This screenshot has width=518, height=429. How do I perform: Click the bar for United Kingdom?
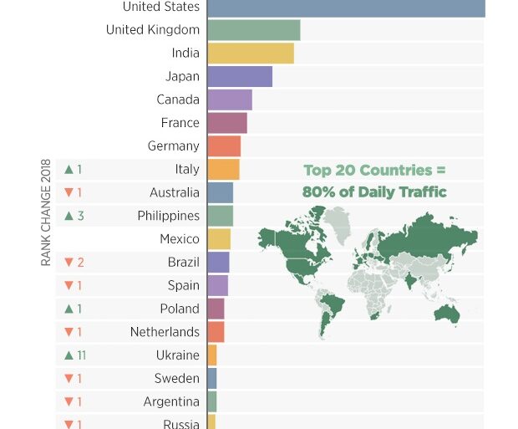point(253,30)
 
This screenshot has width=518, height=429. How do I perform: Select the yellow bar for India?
point(251,54)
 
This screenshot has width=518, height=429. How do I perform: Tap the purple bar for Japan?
point(240,77)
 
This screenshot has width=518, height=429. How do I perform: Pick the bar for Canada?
point(230,100)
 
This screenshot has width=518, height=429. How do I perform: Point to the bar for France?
point(227,123)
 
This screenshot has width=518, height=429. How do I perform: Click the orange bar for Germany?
point(224,146)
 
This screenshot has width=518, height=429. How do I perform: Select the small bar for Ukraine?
point(212,355)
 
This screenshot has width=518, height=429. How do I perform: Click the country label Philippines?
point(168,216)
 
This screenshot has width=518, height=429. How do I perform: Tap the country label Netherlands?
point(165,332)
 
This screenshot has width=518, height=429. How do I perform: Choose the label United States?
point(160,8)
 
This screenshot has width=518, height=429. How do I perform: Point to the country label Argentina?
point(171,402)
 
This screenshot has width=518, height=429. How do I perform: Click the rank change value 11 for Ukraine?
point(81,355)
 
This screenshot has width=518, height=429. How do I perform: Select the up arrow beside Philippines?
point(69,216)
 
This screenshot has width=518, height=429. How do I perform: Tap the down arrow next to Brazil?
point(69,263)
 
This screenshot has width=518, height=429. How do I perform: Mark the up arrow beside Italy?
point(69,170)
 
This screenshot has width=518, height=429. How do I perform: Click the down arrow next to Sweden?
point(69,379)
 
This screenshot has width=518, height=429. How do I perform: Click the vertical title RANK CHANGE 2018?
point(46,212)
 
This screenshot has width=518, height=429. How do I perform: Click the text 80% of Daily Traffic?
point(374,192)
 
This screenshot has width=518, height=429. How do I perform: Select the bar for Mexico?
point(219,239)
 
